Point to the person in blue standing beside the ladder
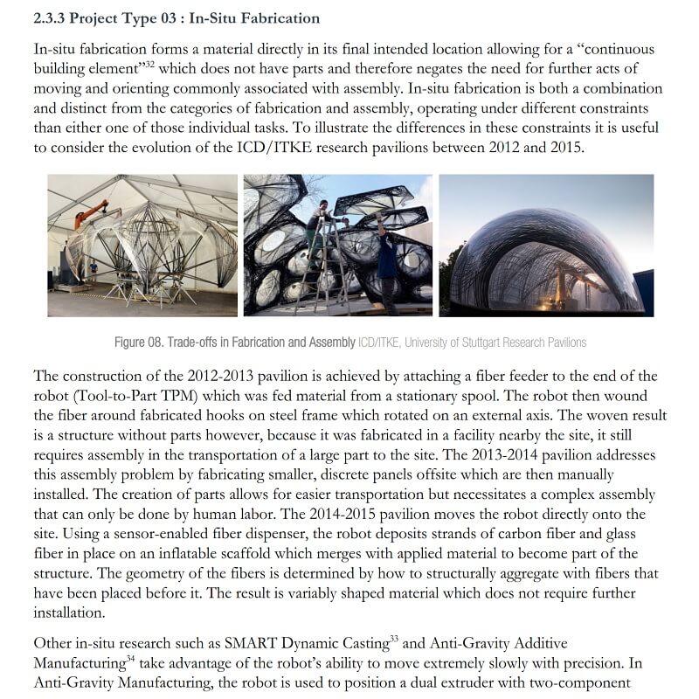click(x=385, y=262)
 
